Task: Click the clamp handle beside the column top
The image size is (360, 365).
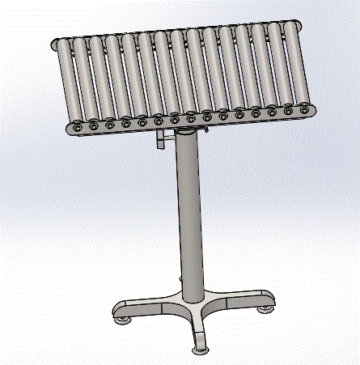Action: pyautogui.click(x=161, y=140)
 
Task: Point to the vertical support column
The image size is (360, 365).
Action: pyautogui.click(x=189, y=219)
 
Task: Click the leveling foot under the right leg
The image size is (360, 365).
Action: pyautogui.click(x=265, y=308)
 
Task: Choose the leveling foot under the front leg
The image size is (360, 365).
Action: pyautogui.click(x=200, y=350)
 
